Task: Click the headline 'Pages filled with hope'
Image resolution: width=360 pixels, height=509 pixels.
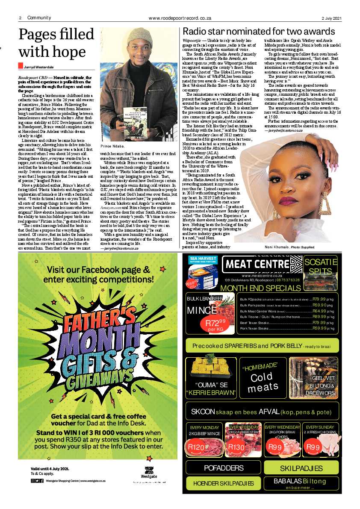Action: pyautogui.click(x=53, y=43)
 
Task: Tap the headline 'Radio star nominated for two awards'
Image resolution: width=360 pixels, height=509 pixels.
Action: pyautogui.click(x=259, y=32)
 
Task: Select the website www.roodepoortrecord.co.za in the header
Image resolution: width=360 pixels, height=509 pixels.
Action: pyautogui.click(x=180, y=18)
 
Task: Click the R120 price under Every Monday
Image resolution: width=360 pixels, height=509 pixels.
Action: pyautogui.click(x=197, y=447)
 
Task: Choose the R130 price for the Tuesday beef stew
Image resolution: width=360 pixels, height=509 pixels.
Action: pyautogui.click(x=236, y=447)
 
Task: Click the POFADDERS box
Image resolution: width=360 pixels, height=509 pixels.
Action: pyautogui.click(x=224, y=468)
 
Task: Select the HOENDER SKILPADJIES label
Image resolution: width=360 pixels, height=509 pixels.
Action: pyautogui.click(x=224, y=483)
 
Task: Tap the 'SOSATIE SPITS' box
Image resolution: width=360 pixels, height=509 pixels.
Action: pyautogui.click(x=320, y=267)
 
